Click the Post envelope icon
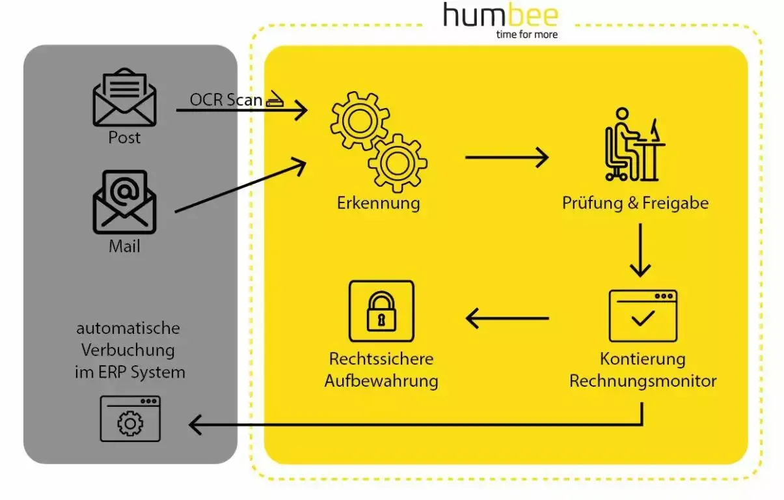point(124,99)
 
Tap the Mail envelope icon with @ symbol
point(124,202)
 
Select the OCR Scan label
point(225,100)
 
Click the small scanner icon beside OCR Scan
point(275,100)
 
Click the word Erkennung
point(378,202)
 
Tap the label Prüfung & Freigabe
point(635,202)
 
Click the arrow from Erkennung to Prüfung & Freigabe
point(507,157)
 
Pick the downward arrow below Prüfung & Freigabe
point(641,250)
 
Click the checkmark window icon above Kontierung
point(643,316)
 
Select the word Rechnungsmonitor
point(643,380)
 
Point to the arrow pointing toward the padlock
point(507,318)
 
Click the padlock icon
point(381,311)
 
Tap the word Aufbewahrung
point(381,380)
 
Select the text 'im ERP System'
point(129,372)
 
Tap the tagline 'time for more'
point(526,34)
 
